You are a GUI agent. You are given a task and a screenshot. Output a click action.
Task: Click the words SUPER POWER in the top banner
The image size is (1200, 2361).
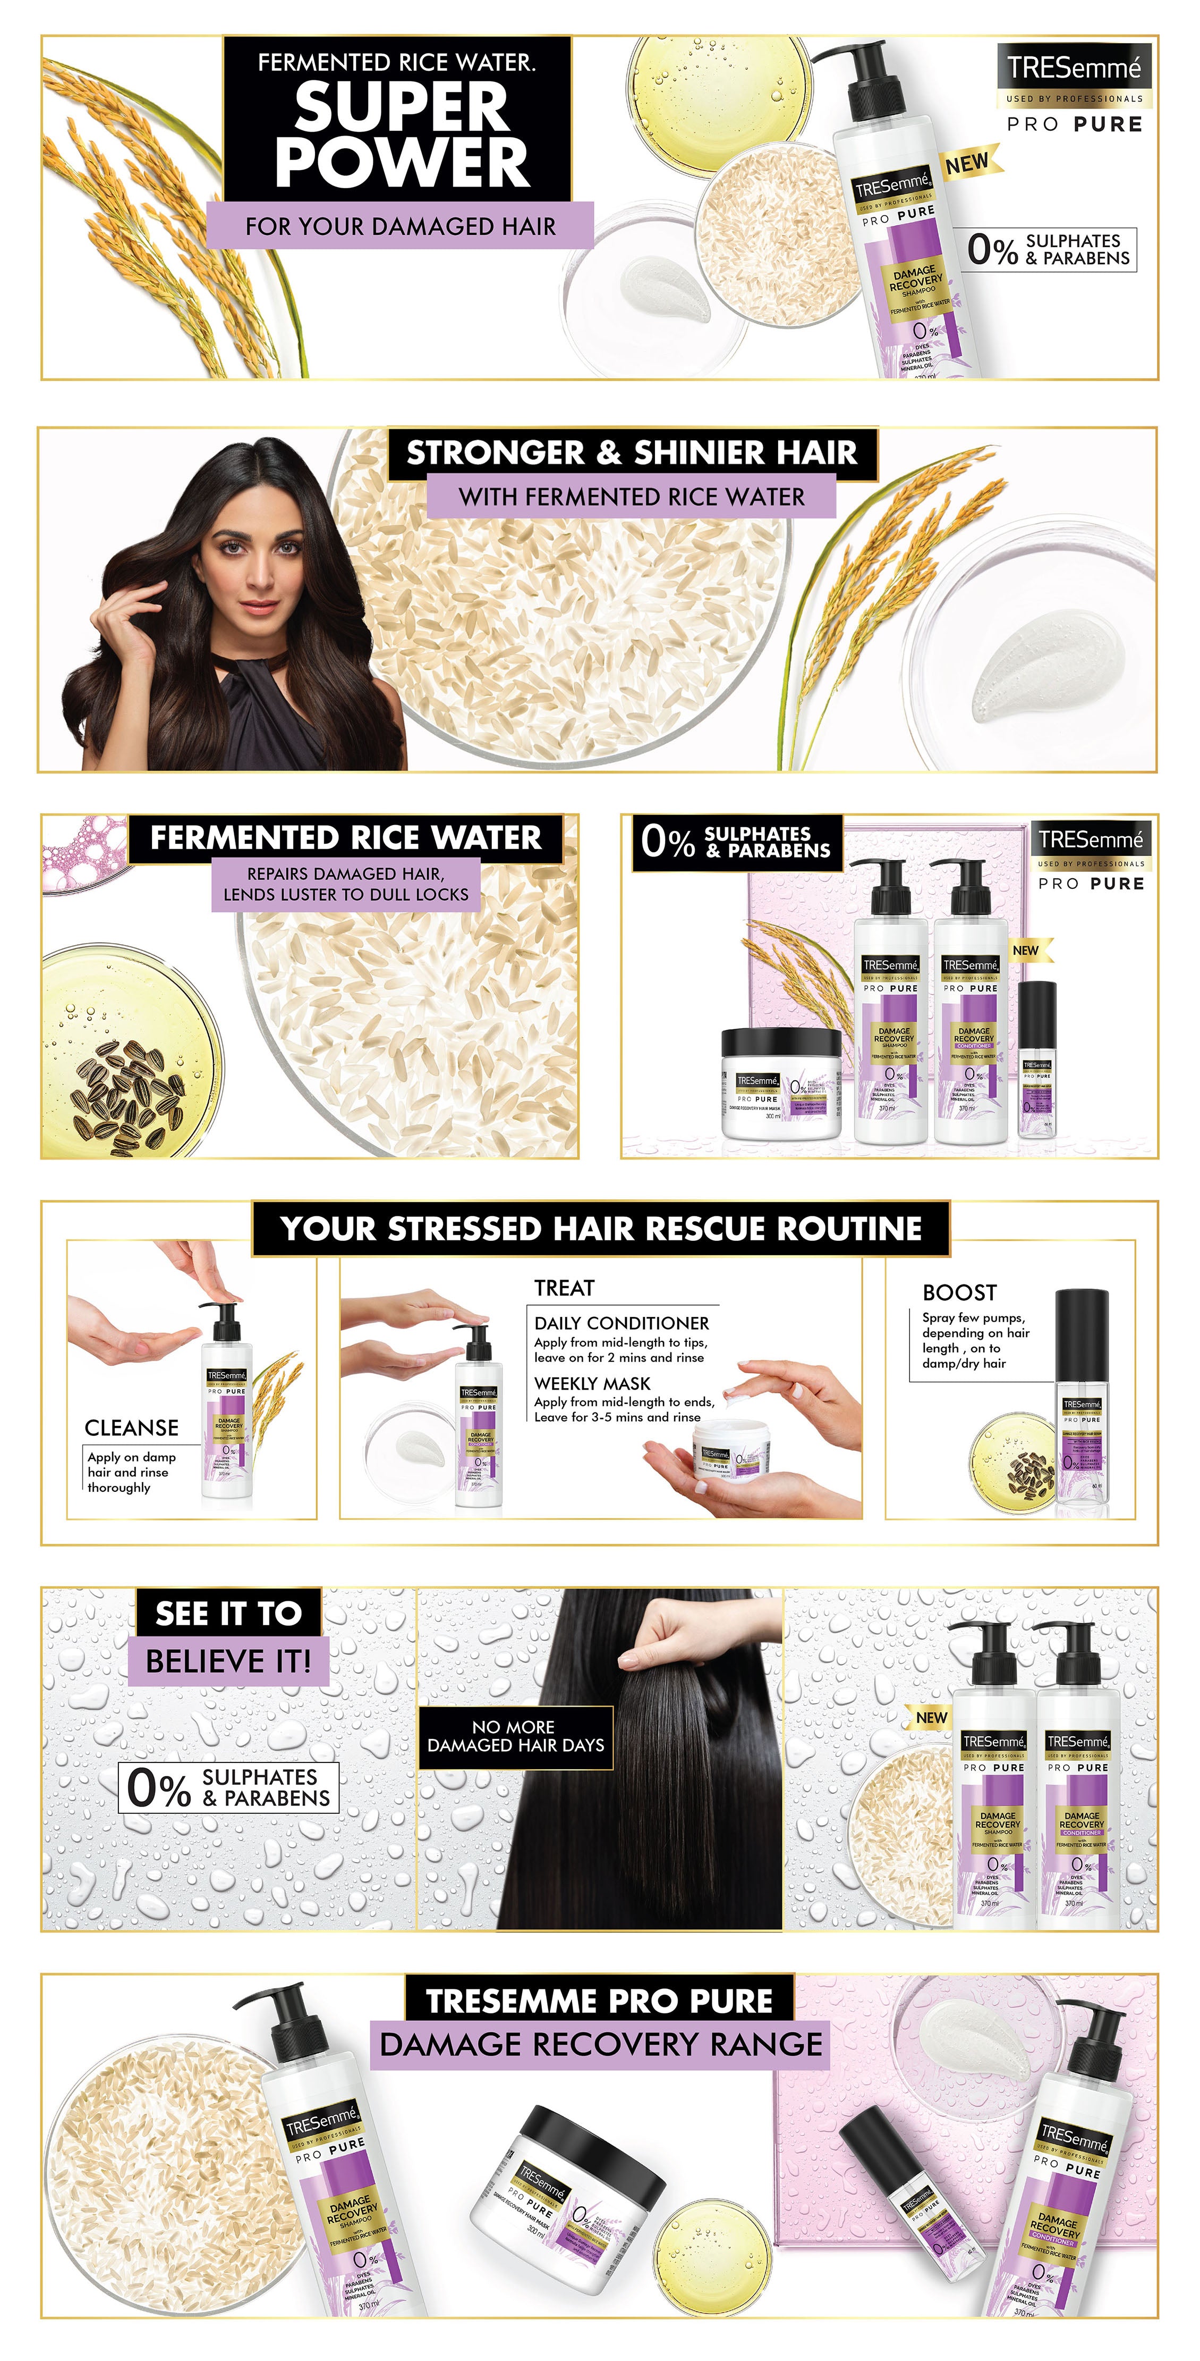tap(401, 135)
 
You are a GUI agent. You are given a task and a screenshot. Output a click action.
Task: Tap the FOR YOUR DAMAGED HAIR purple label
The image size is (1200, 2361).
tap(401, 226)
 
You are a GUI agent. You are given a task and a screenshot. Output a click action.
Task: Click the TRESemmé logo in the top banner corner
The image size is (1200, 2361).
tap(1074, 69)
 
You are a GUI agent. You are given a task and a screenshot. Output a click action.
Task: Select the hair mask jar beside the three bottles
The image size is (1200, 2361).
tap(780, 1084)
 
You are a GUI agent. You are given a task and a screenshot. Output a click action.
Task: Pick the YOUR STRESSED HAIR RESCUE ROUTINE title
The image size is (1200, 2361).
tap(601, 1228)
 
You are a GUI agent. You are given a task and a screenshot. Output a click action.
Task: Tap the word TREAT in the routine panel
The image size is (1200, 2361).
tap(564, 1288)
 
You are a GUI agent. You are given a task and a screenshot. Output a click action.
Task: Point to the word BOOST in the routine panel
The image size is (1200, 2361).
tap(959, 1292)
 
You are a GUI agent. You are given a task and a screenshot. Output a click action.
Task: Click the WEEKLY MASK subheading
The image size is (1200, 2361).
tap(592, 1383)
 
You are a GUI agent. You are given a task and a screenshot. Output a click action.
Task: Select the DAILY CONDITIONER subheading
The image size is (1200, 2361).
tap(621, 1323)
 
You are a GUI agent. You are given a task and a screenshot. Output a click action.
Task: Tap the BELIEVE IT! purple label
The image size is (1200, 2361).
tap(228, 1661)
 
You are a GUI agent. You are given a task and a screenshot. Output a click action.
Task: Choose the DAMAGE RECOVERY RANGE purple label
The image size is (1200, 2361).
tap(600, 2044)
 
